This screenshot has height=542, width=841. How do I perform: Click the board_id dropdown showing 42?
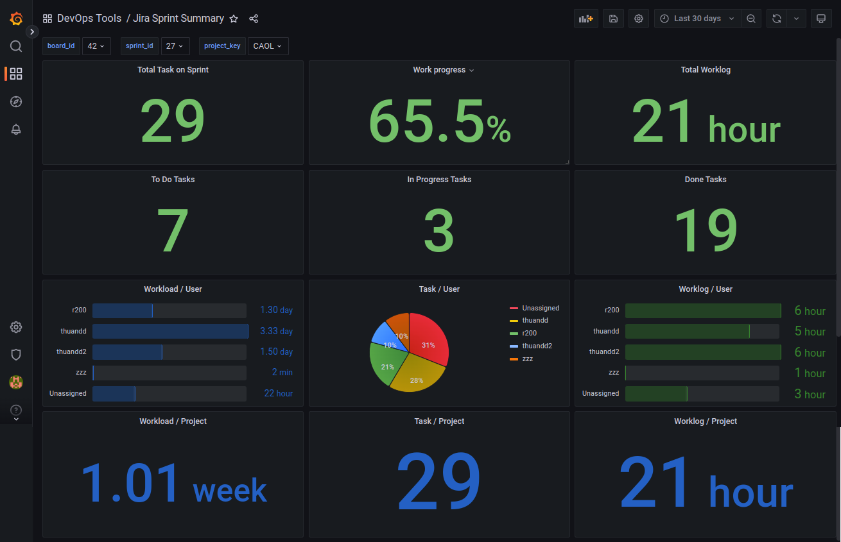click(x=96, y=46)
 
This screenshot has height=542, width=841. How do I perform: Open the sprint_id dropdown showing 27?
click(x=175, y=46)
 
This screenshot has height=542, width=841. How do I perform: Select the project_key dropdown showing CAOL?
click(x=268, y=46)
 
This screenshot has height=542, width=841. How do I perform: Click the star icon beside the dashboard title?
click(x=234, y=19)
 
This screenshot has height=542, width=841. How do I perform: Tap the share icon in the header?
click(x=254, y=19)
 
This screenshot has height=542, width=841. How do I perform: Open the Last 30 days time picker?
click(x=697, y=19)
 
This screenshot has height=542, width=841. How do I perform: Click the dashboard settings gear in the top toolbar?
click(x=639, y=19)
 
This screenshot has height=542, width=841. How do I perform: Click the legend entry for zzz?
click(x=527, y=359)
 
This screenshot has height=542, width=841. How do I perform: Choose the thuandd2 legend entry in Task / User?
click(x=537, y=346)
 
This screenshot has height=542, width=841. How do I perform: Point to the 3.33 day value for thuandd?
click(x=276, y=331)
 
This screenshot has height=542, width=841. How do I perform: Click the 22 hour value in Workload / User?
click(x=278, y=393)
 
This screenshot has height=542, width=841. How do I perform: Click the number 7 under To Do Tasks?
click(x=173, y=230)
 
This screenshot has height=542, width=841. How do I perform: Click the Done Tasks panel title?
click(x=705, y=180)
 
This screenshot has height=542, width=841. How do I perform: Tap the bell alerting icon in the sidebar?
click(x=16, y=129)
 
